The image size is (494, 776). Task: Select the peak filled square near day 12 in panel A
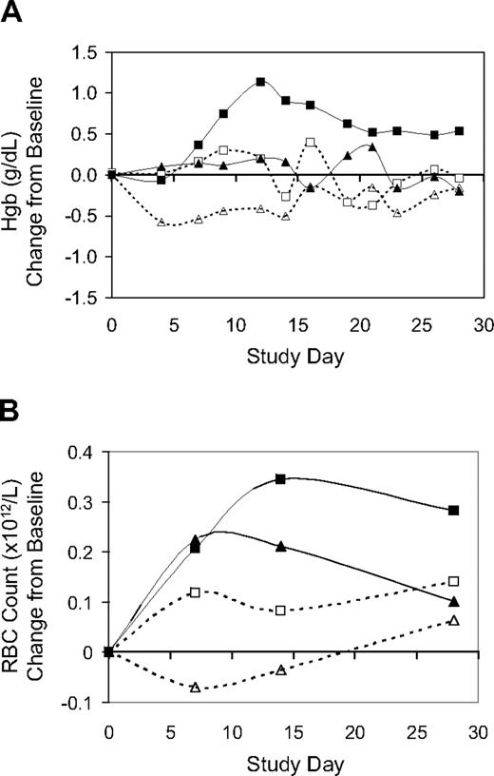259,83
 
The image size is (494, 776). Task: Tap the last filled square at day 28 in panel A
459,131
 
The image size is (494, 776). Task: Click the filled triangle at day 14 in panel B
281,546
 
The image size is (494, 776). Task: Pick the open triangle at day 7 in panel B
195,687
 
